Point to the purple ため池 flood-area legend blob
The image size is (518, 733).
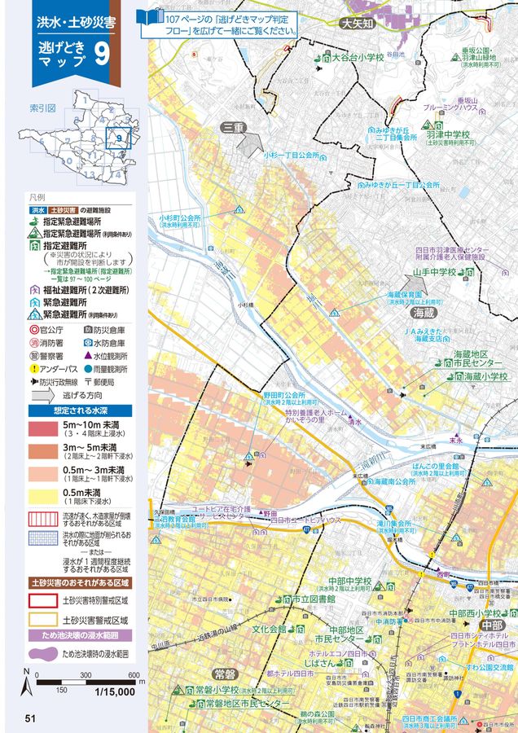[x=44, y=654]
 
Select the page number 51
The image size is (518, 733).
[x=30, y=718]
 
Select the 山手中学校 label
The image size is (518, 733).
[x=433, y=273]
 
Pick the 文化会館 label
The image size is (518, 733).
[x=269, y=629]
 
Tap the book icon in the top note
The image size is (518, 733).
[x=153, y=16]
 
